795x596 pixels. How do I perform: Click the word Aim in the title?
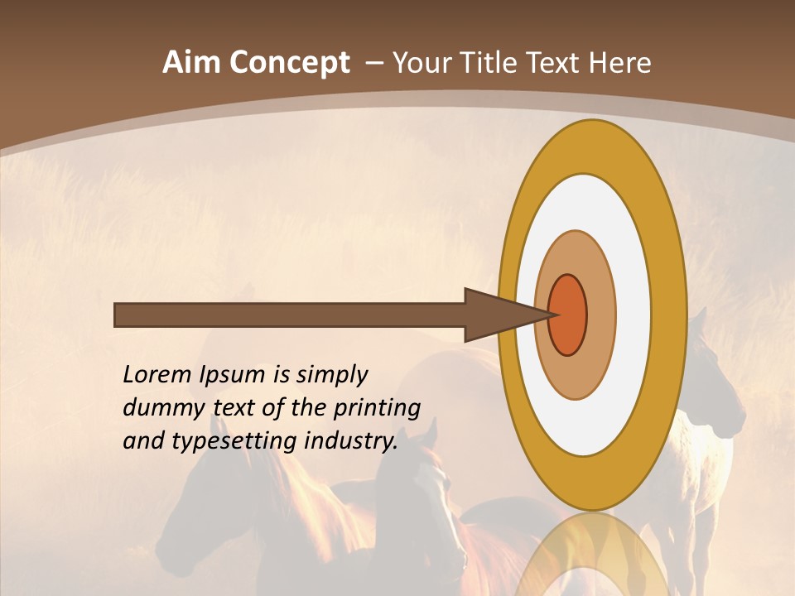(x=191, y=63)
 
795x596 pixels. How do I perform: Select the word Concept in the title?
(x=289, y=64)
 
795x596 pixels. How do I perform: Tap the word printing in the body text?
(x=377, y=409)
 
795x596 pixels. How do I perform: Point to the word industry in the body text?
(x=351, y=441)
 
